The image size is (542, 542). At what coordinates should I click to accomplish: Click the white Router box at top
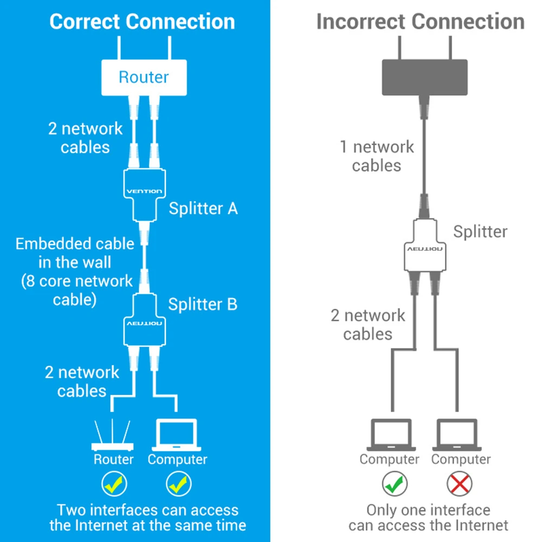coord(144,76)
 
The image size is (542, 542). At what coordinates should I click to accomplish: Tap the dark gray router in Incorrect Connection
coord(425,76)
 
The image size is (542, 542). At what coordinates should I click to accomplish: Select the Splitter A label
coord(203,208)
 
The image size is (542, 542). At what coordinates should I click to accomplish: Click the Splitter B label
coord(203,304)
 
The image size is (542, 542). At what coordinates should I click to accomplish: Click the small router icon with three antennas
coord(113,436)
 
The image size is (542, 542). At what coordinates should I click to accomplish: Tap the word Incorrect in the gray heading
coord(362,22)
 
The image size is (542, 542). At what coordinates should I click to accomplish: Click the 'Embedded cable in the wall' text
coord(75,253)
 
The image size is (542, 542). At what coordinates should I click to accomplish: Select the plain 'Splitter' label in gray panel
coord(480,231)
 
